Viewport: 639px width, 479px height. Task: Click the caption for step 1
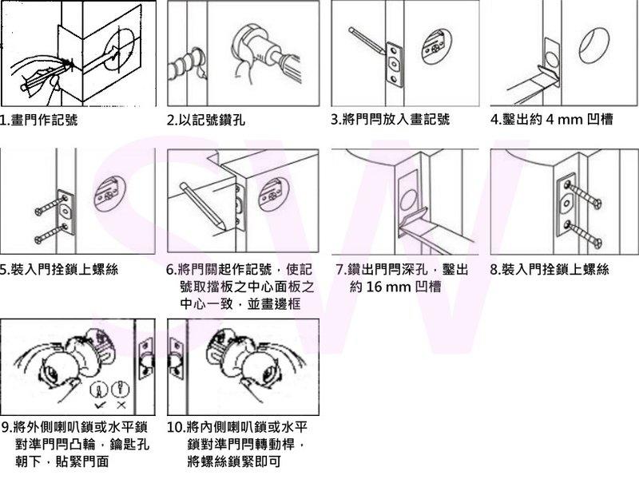pyautogui.click(x=38, y=120)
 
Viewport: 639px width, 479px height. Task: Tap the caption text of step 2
pyautogui.click(x=207, y=120)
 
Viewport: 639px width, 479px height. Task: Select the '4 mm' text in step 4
pyautogui.click(x=563, y=119)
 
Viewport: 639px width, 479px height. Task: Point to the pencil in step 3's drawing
pyautogui.click(x=367, y=41)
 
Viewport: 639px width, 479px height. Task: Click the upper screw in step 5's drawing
pyautogui.click(x=51, y=205)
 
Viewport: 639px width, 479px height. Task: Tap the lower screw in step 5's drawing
pyautogui.click(x=51, y=233)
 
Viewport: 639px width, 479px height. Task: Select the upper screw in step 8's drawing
pyautogui.click(x=584, y=195)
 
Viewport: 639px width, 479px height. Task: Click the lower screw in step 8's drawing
pyautogui.click(x=584, y=234)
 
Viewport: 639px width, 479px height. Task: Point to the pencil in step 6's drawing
pyautogui.click(x=203, y=207)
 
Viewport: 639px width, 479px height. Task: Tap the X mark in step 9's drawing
pyautogui.click(x=121, y=405)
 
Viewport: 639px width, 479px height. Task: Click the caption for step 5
pyautogui.click(x=59, y=269)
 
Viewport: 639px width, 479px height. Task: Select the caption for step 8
pyautogui.click(x=550, y=269)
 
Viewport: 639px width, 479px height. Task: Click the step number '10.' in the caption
pyautogui.click(x=176, y=427)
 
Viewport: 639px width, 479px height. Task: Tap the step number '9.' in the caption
pyautogui.click(x=6, y=427)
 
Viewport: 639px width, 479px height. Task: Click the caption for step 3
pyautogui.click(x=390, y=119)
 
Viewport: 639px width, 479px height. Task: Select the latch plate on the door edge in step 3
pyautogui.click(x=394, y=65)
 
